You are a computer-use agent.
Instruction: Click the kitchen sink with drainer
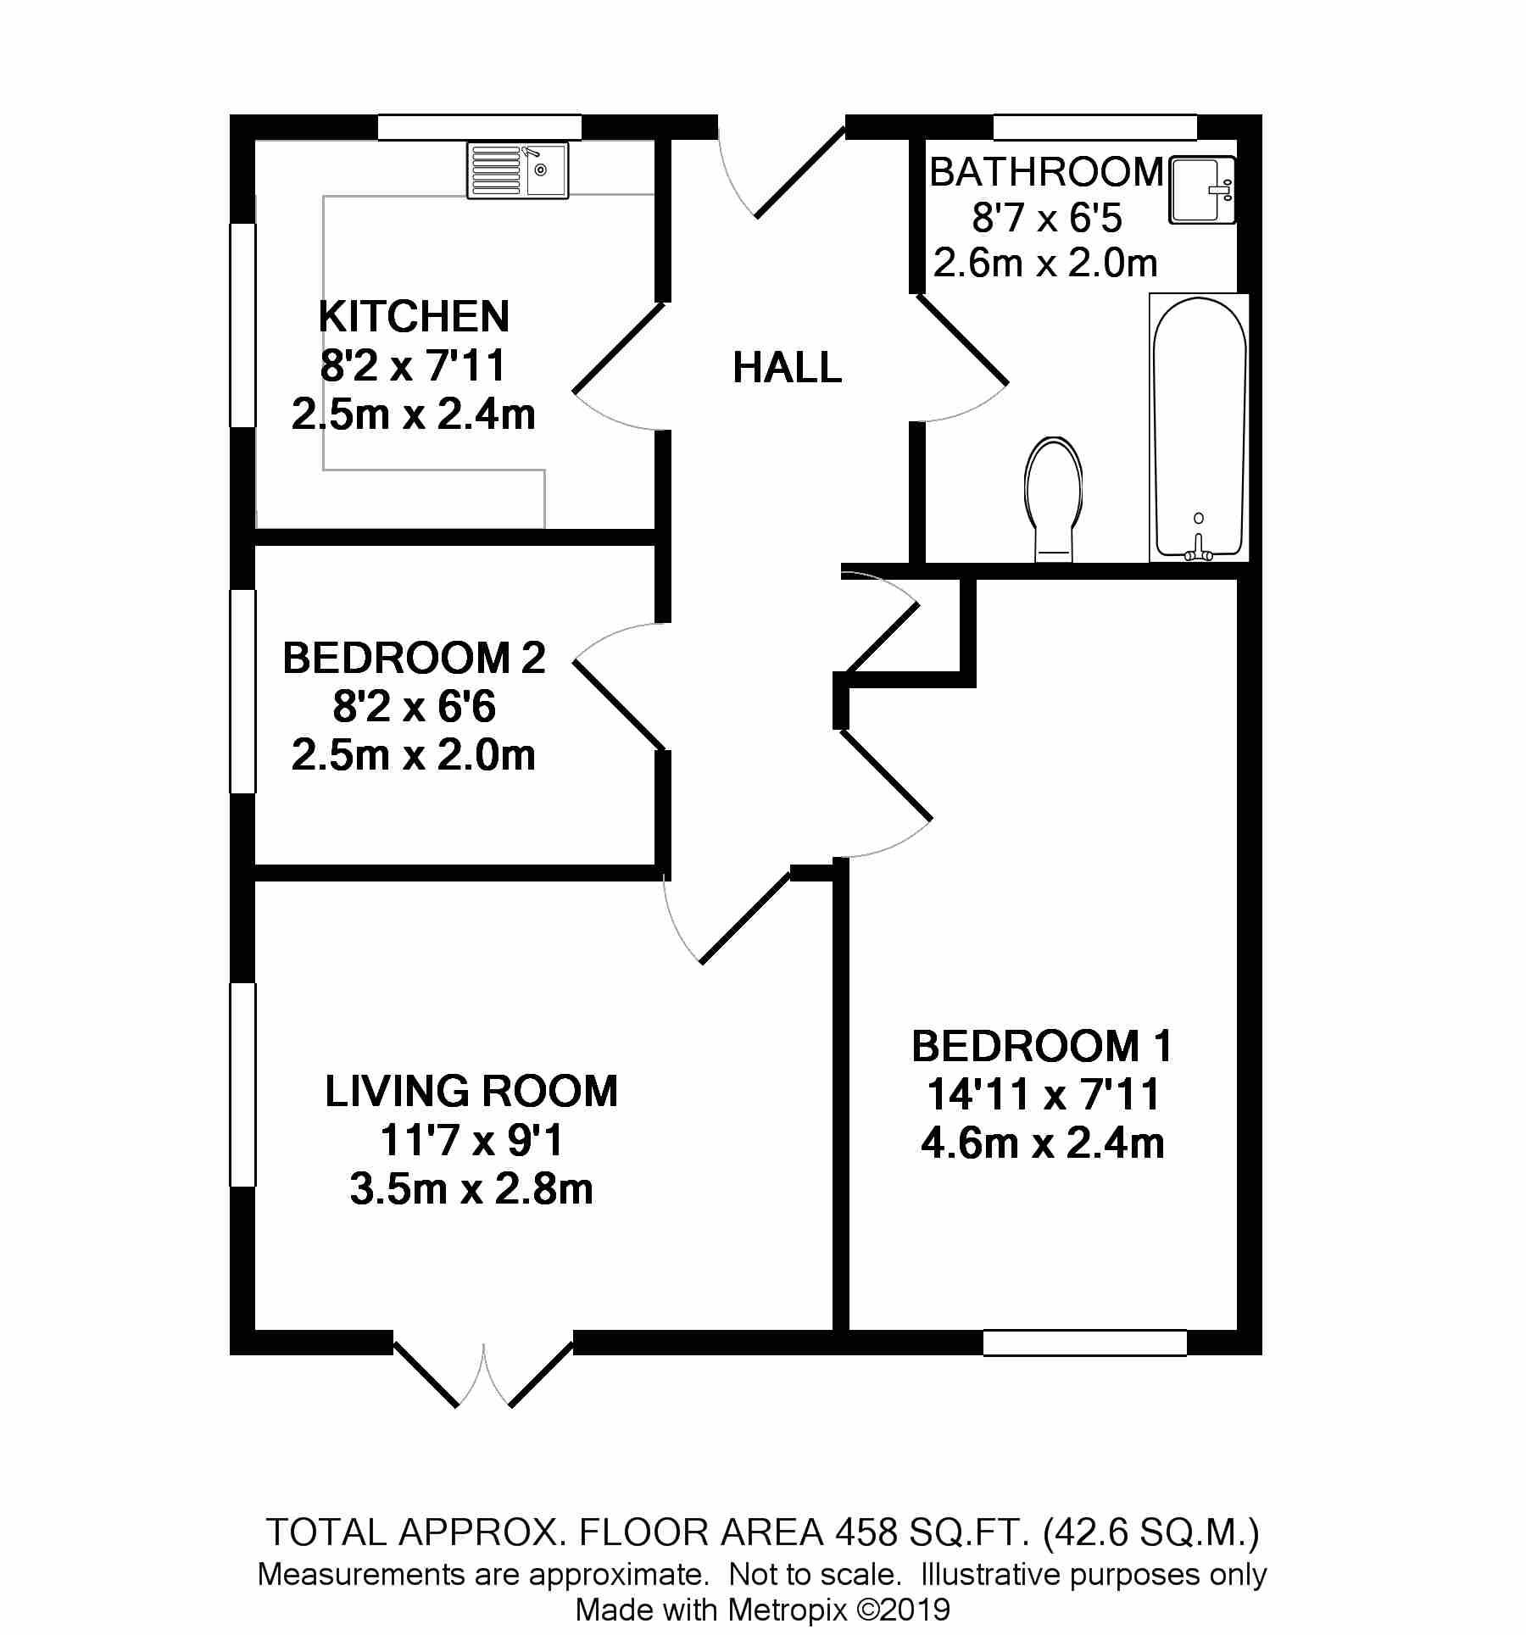click(x=518, y=170)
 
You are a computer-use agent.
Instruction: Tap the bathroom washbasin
click(x=1202, y=190)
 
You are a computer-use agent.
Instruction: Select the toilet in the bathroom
click(x=1055, y=499)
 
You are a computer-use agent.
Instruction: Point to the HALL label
click(x=788, y=369)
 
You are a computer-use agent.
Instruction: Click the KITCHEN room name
click(x=415, y=316)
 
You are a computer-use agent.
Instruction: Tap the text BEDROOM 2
click(x=414, y=658)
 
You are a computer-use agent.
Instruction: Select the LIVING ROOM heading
click(x=471, y=1091)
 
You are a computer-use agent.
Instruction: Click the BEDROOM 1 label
click(x=1042, y=1046)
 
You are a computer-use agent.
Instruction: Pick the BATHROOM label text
click(x=1047, y=172)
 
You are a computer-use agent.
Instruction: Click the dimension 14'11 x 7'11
click(x=1043, y=1094)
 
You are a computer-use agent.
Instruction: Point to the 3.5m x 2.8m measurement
click(x=471, y=1188)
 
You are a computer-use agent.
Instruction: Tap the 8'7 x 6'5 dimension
click(x=1047, y=218)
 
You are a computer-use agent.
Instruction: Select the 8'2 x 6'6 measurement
click(x=414, y=706)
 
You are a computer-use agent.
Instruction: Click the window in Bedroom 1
click(x=1084, y=1343)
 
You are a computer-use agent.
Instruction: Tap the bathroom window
click(x=1094, y=127)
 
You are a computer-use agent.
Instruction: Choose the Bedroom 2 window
click(x=243, y=692)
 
